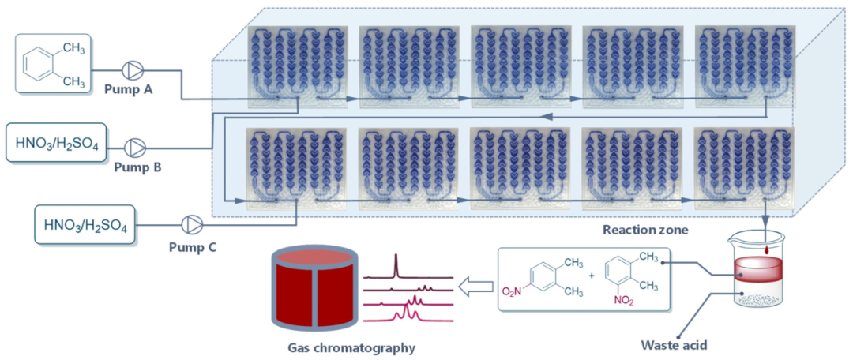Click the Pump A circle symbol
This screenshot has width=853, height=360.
130,69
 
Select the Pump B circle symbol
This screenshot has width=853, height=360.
136,146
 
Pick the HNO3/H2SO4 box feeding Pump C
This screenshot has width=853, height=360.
85,224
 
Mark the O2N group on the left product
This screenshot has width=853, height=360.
513,291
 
